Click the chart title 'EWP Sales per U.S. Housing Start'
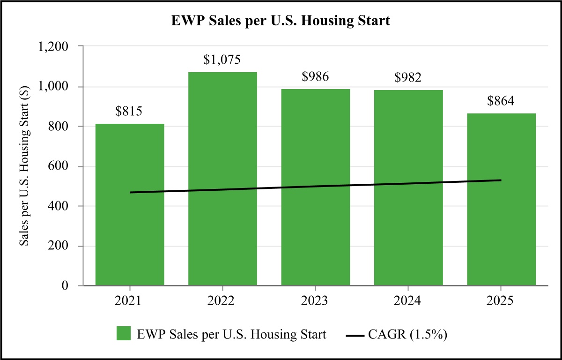[x=281, y=22]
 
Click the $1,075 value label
[x=222, y=60]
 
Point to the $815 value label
[x=129, y=112]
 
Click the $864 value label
[x=501, y=102]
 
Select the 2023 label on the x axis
[x=315, y=300]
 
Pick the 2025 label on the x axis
[x=501, y=300]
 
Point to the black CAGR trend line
[x=315, y=187]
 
